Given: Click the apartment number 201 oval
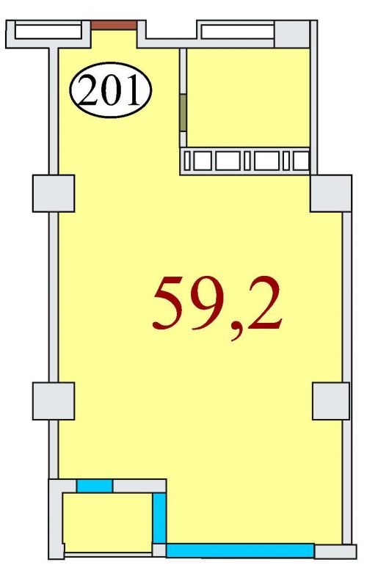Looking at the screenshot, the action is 111,90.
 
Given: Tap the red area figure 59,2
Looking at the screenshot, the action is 217,307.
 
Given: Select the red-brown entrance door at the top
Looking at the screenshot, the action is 115,25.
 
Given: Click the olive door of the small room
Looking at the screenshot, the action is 183,112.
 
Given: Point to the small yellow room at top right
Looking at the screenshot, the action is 248,98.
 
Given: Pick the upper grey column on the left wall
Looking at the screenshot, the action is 54,193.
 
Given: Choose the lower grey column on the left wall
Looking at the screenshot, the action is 54,401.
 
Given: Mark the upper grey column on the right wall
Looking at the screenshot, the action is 331,193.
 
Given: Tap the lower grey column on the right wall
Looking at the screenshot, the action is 331,401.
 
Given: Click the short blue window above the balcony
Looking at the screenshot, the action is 95,486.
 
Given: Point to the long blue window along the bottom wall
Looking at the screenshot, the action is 240,550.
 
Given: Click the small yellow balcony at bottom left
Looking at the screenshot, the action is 107,522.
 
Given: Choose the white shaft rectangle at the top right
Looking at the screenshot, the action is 237,32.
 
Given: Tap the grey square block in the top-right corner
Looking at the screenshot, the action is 292,34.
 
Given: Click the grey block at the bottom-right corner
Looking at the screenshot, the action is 335,552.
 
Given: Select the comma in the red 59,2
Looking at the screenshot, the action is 236,332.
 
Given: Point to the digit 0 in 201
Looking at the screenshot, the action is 111,90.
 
